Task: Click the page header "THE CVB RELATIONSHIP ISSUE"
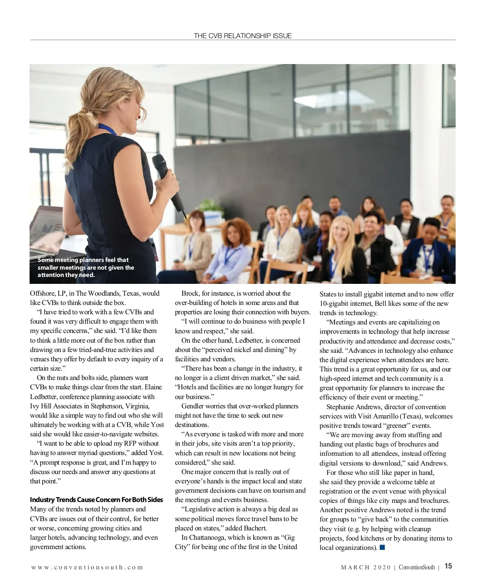click(x=243, y=36)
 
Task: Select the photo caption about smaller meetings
click(x=86, y=267)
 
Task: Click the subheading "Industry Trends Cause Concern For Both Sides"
click(x=96, y=500)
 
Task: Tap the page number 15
click(x=448, y=567)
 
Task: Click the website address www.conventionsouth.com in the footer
click(x=87, y=567)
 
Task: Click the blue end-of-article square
click(x=382, y=548)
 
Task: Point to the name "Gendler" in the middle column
click(x=193, y=406)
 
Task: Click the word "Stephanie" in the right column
click(x=340, y=407)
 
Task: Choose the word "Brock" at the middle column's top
click(x=190, y=293)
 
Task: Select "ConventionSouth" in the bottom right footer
click(x=417, y=567)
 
